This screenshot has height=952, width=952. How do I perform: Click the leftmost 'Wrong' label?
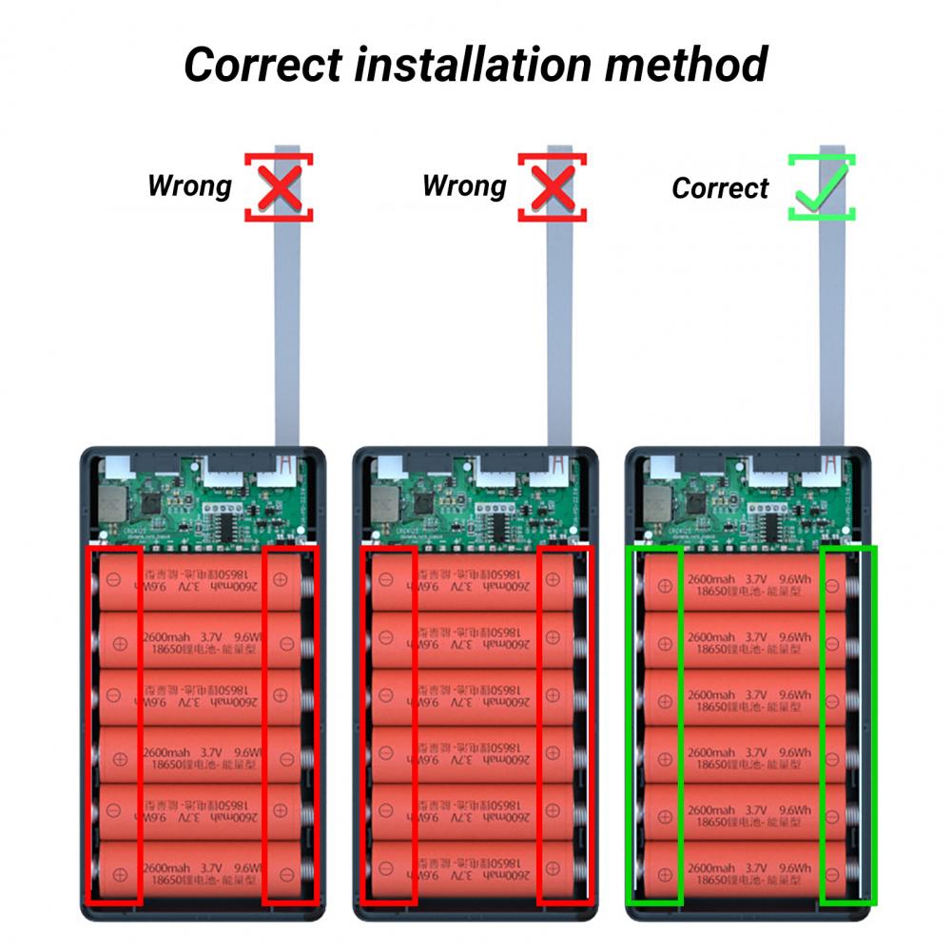[x=189, y=185]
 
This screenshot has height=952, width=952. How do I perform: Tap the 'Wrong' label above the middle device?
[x=464, y=185]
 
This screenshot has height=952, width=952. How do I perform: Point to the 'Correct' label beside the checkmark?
[x=719, y=188]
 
